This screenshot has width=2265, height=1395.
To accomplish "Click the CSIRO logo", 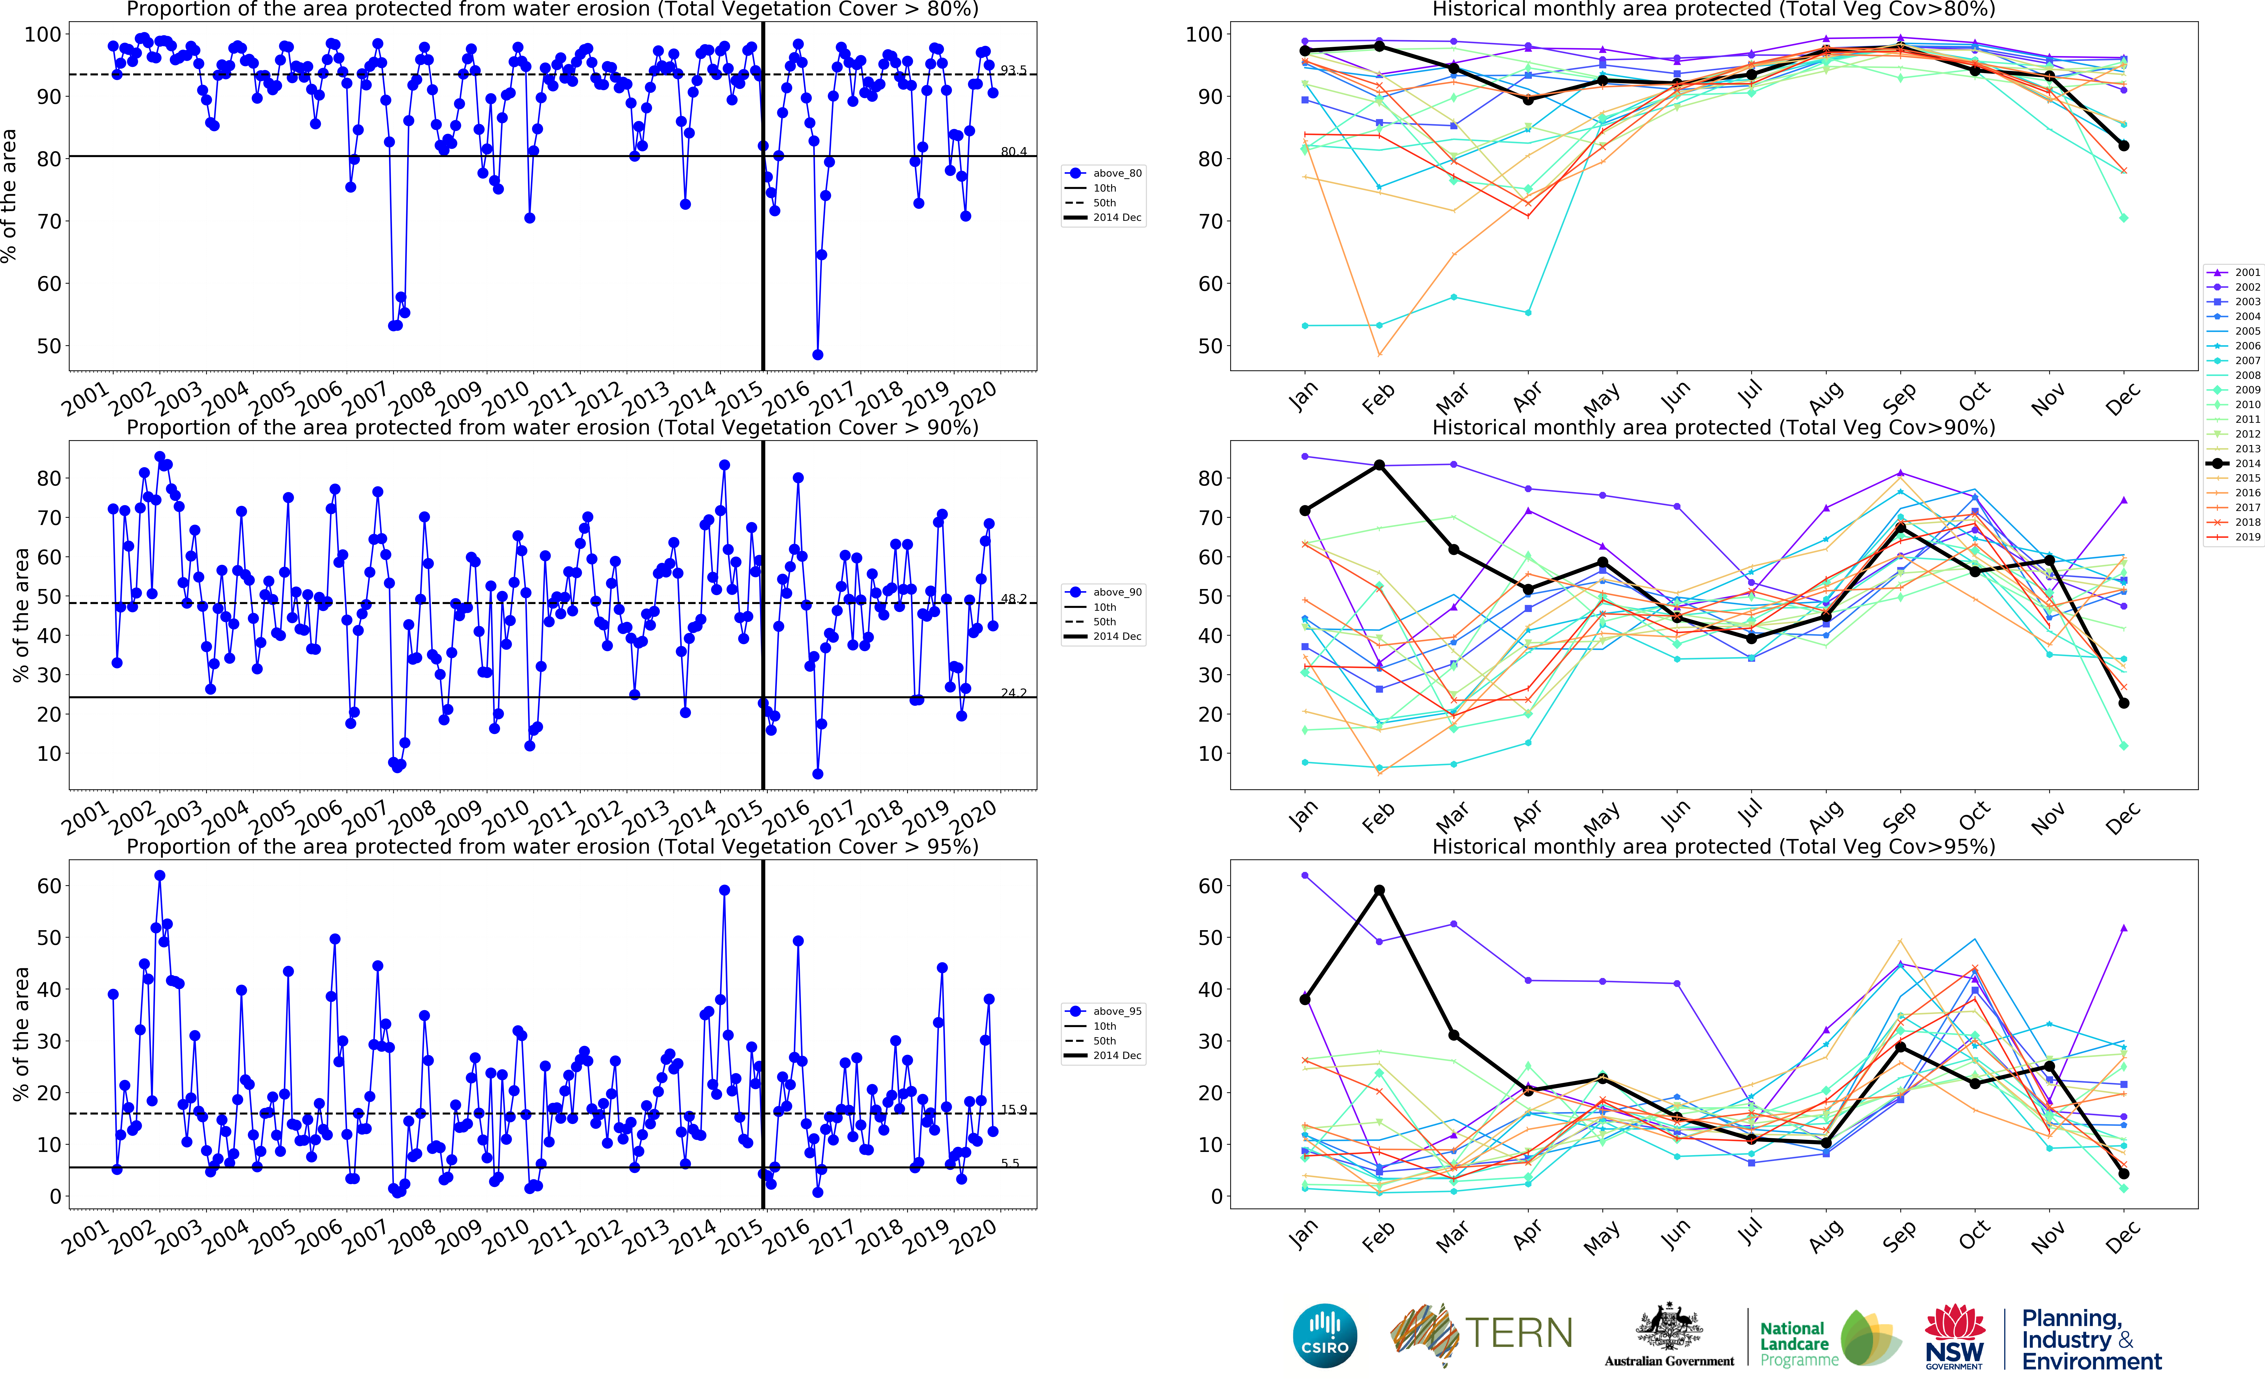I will pyautogui.click(x=1325, y=1335).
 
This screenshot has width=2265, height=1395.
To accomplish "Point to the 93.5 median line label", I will pyautogui.click(x=1013, y=70).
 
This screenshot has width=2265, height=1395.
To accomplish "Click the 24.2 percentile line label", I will pyautogui.click(x=1013, y=693).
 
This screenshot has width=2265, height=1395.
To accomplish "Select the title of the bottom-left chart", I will pyautogui.click(x=552, y=846).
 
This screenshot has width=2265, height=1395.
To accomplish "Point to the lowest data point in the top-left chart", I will pyautogui.click(x=818, y=354).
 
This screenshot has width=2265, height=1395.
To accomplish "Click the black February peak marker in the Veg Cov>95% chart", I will pyautogui.click(x=1379, y=890).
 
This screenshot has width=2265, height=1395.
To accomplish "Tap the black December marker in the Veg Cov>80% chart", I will pyautogui.click(x=2124, y=146).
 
